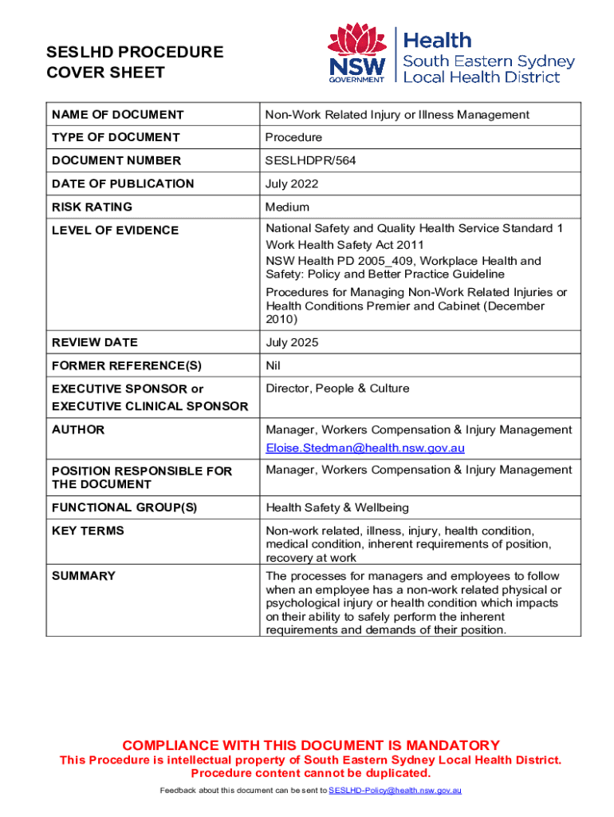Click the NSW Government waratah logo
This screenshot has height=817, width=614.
point(357,53)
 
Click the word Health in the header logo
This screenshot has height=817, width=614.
point(438,40)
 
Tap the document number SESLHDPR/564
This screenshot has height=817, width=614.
point(310,160)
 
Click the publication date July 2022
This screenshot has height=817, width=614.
point(292,184)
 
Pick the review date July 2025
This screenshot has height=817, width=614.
point(292,342)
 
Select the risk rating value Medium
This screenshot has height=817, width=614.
point(287,207)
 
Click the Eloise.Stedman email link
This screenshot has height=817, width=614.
point(364,448)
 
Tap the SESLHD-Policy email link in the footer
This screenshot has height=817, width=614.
point(395,790)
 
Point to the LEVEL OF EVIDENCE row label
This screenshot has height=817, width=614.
point(115,231)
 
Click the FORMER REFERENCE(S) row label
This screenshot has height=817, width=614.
point(127,365)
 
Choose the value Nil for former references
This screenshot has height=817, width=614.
point(274,365)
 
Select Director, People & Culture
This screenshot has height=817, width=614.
point(337,389)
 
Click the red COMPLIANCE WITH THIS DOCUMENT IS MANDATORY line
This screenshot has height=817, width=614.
point(310,745)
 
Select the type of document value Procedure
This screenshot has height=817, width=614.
point(293,137)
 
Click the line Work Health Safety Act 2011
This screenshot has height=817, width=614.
point(344,245)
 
